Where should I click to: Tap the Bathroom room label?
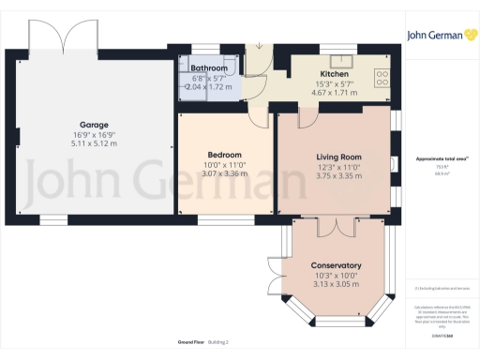pos(208,68)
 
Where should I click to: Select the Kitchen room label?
pos(335,74)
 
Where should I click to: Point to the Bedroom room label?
pos(225,155)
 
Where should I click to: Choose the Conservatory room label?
pos(336,265)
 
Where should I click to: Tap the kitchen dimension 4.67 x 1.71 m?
pos(335,93)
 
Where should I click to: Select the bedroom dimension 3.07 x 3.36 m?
pos(225,173)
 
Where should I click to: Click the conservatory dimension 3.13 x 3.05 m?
pos(336,284)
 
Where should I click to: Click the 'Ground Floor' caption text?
pos(182,342)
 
